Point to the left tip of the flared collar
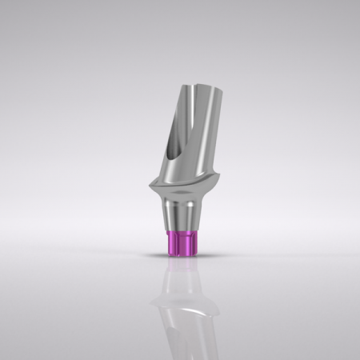click(x=148, y=190)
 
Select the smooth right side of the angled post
click(x=210, y=136)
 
